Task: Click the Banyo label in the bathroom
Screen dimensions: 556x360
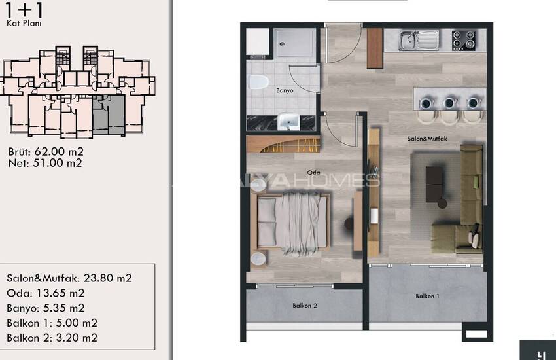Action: (x=285, y=90)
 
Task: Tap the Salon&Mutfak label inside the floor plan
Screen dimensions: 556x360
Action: (x=427, y=139)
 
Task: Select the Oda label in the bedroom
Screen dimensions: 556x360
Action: (x=313, y=173)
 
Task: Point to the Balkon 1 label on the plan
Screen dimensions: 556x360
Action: (x=427, y=296)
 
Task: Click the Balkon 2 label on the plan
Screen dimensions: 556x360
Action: (x=305, y=306)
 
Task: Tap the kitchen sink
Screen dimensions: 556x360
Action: (x=419, y=40)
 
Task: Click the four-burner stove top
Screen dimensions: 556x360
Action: (x=464, y=41)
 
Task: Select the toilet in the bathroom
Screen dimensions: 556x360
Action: (x=258, y=82)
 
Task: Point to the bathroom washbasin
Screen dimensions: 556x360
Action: (x=288, y=121)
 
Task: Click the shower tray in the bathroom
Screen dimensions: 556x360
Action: (x=294, y=43)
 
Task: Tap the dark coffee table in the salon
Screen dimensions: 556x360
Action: (x=435, y=185)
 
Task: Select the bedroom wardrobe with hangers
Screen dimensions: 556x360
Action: (x=283, y=145)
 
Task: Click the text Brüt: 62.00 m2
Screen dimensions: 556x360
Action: (x=46, y=152)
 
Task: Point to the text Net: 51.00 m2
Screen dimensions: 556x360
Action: (x=45, y=163)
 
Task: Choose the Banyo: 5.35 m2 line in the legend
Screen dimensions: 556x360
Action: (x=46, y=308)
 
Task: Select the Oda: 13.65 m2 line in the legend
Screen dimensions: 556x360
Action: (x=46, y=293)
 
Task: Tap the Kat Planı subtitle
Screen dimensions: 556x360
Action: (x=24, y=24)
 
